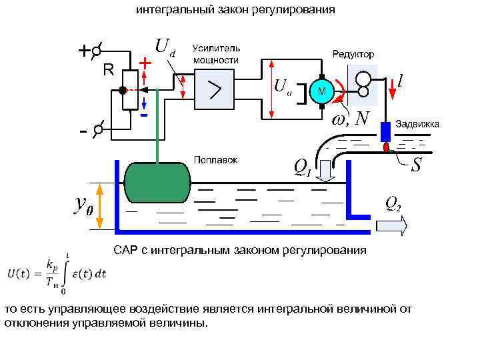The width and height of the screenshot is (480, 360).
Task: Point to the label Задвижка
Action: pyautogui.click(x=418, y=124)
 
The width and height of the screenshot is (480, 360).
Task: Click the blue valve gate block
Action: pyautogui.click(x=385, y=132)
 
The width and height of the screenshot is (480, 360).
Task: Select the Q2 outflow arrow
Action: pyautogui.click(x=391, y=226)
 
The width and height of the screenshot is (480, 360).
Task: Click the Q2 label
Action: pyautogui.click(x=393, y=204)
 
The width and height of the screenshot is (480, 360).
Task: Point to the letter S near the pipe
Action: pyautogui.click(x=416, y=164)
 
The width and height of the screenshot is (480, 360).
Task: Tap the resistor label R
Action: pyautogui.click(x=108, y=70)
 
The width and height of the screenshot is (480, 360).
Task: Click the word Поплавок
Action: pyautogui.click(x=215, y=160)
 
